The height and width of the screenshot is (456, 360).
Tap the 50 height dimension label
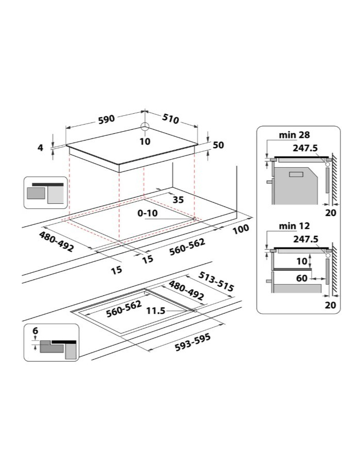(218, 145)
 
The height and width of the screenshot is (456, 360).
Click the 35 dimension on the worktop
(178, 200)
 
